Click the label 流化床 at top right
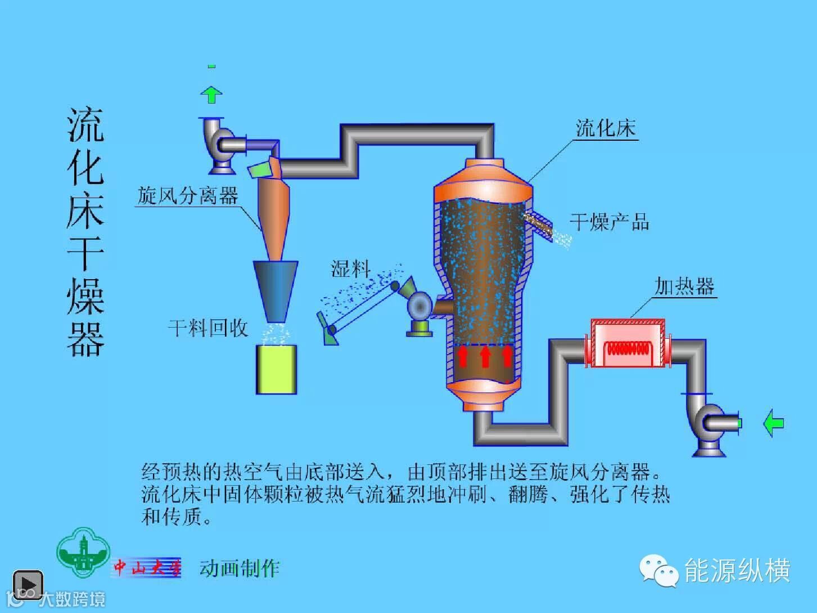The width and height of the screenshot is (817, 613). pyautogui.click(x=606, y=129)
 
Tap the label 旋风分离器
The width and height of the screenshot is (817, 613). pyautogui.click(x=188, y=196)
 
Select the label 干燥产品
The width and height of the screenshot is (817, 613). pyautogui.click(x=610, y=222)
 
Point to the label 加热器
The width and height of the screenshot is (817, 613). pyautogui.click(x=684, y=287)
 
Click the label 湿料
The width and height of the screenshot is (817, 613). pyautogui.click(x=350, y=269)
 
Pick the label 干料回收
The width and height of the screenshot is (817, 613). pyautogui.click(x=208, y=328)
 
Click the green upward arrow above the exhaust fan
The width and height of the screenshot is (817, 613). pyautogui.click(x=211, y=94)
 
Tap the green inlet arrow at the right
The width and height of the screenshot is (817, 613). pyautogui.click(x=774, y=423)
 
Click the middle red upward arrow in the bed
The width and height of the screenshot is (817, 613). pyautogui.click(x=485, y=357)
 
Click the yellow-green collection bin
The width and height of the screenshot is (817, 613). pyautogui.click(x=276, y=369)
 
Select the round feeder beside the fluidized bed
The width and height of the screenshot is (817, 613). pyautogui.click(x=419, y=306)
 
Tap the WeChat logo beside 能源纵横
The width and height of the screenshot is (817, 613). pyautogui.click(x=658, y=571)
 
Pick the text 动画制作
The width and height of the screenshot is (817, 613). pyautogui.click(x=240, y=568)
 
